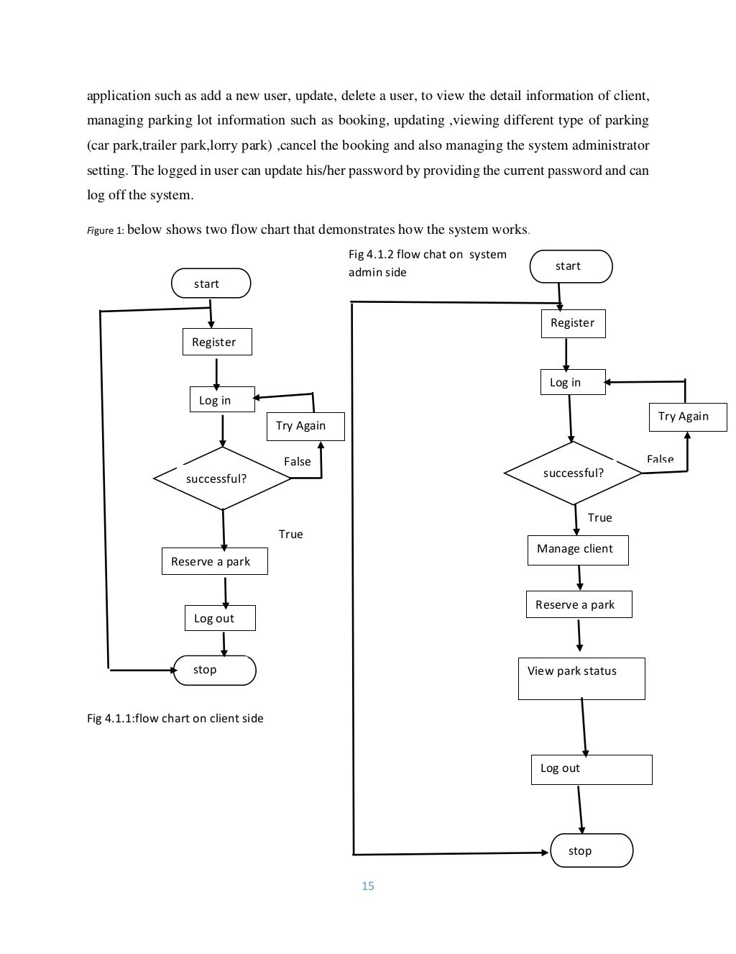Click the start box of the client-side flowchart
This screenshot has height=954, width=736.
pyautogui.click(x=211, y=283)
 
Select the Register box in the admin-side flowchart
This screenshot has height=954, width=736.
pyautogui.click(x=573, y=323)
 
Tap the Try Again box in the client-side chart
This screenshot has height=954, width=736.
pyautogui.click(x=305, y=426)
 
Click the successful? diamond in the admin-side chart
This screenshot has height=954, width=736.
pyautogui.click(x=573, y=473)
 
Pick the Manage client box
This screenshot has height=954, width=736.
pyautogui.click(x=578, y=549)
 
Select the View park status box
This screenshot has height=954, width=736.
pyautogui.click(x=581, y=678)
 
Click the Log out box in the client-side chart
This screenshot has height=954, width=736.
pyautogui.click(x=220, y=619)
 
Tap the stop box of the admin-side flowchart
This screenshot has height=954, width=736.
pyautogui.click(x=591, y=851)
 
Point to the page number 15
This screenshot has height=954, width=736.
pyautogui.click(x=368, y=886)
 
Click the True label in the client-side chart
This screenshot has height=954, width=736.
pyautogui.click(x=291, y=535)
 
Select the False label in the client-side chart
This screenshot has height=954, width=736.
pyautogui.click(x=298, y=462)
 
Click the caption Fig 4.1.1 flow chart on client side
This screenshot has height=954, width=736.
pyautogui.click(x=175, y=719)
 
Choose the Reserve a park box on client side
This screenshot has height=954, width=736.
pyautogui.click(x=214, y=562)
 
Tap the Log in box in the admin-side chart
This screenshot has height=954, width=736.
pyautogui.click(x=572, y=383)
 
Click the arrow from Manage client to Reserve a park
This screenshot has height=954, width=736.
pyautogui.click(x=579, y=578)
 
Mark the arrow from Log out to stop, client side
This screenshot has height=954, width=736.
pyautogui.click(x=224, y=643)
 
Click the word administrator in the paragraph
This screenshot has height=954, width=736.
pyautogui.click(x=610, y=145)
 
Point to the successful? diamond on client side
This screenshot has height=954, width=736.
pyautogui.click(x=222, y=478)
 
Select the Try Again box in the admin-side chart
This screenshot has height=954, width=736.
pyautogui.click(x=687, y=417)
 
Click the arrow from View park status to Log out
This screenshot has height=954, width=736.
pyautogui.click(x=584, y=727)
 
